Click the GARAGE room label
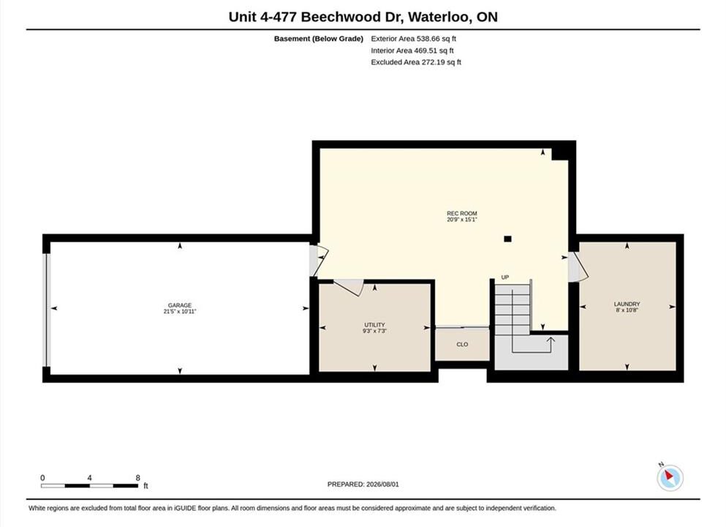coord(180,305)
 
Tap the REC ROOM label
coord(461,214)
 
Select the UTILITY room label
coord(374,325)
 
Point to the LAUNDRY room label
coord(627,304)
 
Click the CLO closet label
coord(462,345)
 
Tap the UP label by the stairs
coord(505,277)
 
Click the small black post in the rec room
coord(507,239)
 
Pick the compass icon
coord(670,477)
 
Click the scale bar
coord(89,486)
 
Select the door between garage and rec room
coord(319,261)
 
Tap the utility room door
coord(348,287)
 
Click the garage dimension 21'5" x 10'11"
coord(180,312)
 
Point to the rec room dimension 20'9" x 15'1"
coord(461,220)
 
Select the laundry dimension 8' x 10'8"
coord(627,310)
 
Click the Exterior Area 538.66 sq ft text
coord(414,39)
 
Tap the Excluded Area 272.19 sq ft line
coord(416,62)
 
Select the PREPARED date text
coord(363,485)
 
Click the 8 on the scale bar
coord(138,478)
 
